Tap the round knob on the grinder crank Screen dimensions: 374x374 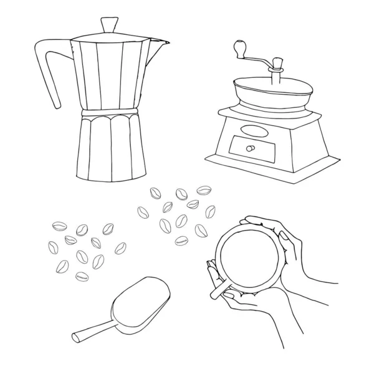tap(237, 47)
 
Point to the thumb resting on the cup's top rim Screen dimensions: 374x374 tap(262, 221)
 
